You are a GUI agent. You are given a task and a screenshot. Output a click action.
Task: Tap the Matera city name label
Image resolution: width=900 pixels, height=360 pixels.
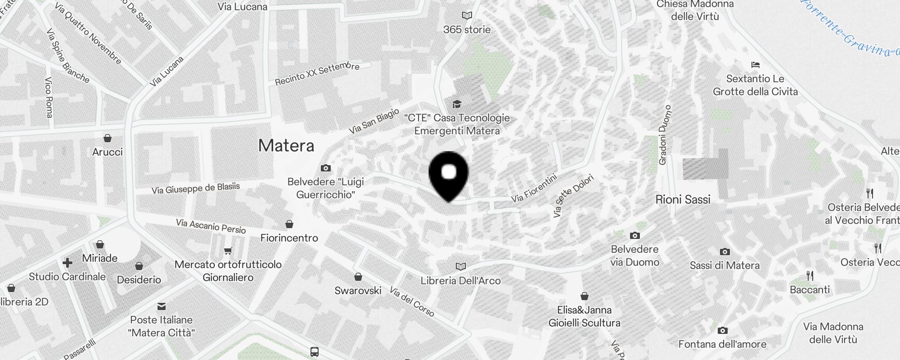click(x=286, y=145)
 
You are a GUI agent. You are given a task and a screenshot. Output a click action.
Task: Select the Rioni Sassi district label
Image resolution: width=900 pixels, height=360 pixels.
click(x=683, y=199)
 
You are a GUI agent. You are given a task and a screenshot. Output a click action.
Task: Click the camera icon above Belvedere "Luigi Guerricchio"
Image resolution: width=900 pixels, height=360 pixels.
click(x=326, y=168)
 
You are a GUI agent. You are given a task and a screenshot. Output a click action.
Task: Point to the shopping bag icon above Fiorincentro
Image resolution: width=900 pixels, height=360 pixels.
click(x=289, y=224)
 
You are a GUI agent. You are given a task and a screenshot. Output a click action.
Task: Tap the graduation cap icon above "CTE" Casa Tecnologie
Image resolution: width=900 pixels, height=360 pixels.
click(x=457, y=104)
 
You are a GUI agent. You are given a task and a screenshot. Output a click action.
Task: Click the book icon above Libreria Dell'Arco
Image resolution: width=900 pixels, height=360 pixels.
click(x=460, y=267)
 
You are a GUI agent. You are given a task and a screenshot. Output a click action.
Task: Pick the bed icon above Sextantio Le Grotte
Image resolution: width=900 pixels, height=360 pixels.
click(x=756, y=65)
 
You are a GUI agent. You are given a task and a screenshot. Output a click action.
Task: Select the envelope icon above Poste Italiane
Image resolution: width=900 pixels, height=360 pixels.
click(x=162, y=306)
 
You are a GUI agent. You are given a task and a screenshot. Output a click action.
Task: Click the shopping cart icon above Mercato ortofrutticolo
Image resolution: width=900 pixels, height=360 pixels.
click(x=228, y=251)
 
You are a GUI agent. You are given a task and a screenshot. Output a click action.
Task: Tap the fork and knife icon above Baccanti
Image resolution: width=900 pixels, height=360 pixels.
click(x=810, y=276)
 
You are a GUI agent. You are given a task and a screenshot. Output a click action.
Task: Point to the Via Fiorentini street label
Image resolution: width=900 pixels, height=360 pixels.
click(x=534, y=188)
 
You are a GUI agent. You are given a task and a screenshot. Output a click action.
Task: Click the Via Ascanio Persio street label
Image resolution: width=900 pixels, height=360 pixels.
click(x=211, y=226)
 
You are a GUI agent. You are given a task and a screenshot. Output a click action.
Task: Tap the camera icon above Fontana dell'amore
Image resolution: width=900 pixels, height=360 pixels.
click(x=722, y=331)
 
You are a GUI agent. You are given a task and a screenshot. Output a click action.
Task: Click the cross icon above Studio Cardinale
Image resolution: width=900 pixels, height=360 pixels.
click(x=67, y=263)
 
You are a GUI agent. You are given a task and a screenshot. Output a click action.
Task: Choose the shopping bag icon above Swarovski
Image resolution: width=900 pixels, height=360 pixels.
click(x=358, y=277)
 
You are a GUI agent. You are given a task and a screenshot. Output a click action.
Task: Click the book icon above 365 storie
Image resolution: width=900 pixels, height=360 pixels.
click(x=467, y=16)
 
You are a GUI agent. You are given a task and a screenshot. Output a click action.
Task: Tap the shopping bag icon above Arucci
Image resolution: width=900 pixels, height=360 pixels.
click(x=108, y=138)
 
